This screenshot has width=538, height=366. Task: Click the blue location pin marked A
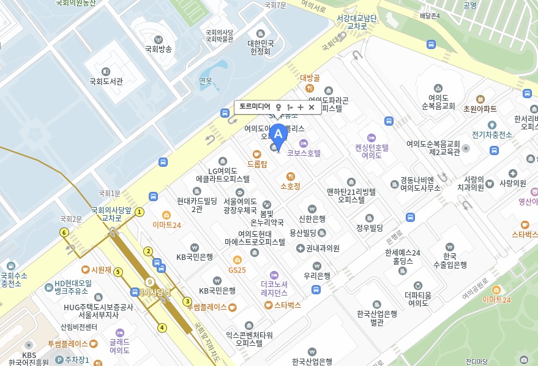tap(278, 135)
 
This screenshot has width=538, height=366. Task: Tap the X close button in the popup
tap(312, 107)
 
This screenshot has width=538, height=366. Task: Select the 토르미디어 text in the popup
tap(254, 107)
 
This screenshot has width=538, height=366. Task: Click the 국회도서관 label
tap(106, 81)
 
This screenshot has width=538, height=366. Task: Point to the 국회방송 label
tap(158, 48)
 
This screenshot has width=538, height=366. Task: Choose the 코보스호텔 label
tap(304, 153)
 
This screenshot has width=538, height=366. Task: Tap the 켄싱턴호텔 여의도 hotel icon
tap(370, 137)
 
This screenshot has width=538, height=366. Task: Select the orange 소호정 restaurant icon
tap(290, 176)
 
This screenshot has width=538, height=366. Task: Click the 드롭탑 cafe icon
tap(256, 154)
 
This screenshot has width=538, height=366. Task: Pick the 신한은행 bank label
tap(312, 218)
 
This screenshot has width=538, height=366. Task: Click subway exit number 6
tap(64, 232)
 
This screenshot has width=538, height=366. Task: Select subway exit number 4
tap(162, 327)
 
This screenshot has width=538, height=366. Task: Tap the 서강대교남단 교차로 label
tap(357, 22)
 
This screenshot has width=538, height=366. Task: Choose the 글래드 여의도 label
tap(119, 346)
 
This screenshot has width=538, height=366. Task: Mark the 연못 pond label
tap(206, 81)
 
